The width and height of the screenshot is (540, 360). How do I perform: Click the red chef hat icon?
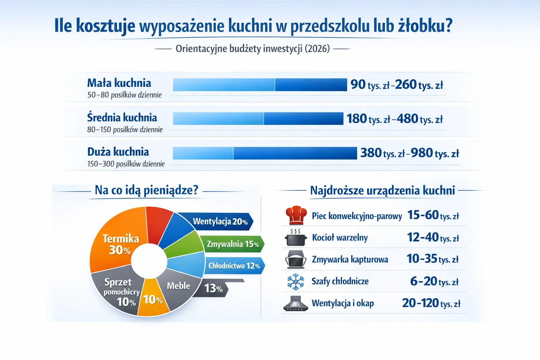(x=296, y=215)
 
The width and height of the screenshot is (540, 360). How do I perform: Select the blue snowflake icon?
(x=296, y=282)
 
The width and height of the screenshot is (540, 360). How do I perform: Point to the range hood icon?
(x=296, y=304)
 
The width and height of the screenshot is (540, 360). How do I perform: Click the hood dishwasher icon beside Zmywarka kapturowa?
(x=296, y=259)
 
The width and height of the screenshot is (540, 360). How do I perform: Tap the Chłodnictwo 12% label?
(x=234, y=266)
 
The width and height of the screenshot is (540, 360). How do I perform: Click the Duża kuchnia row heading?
(x=118, y=152)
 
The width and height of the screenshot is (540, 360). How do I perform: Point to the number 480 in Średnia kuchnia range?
(x=407, y=119)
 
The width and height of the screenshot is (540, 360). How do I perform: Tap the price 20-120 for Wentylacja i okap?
(x=420, y=303)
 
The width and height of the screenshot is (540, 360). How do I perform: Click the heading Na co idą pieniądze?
(x=146, y=190)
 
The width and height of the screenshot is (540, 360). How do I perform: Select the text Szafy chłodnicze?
(x=340, y=281)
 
